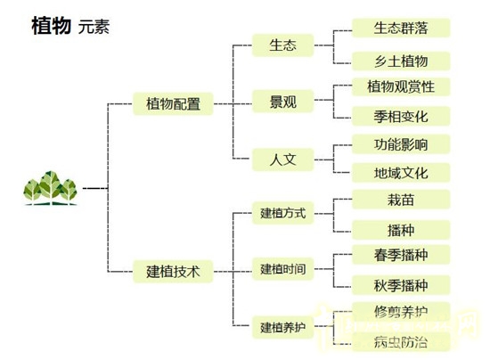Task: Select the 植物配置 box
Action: point(174,104)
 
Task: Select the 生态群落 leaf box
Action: point(401,28)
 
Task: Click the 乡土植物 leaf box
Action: point(401,61)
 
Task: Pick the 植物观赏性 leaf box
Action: point(401,86)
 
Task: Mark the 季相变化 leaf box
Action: point(401,116)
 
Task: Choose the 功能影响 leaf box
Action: point(401,143)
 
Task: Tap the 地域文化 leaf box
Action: point(401,173)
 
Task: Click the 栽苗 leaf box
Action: point(401,200)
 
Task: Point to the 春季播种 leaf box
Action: point(401,256)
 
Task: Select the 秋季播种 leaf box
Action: point(401,285)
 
